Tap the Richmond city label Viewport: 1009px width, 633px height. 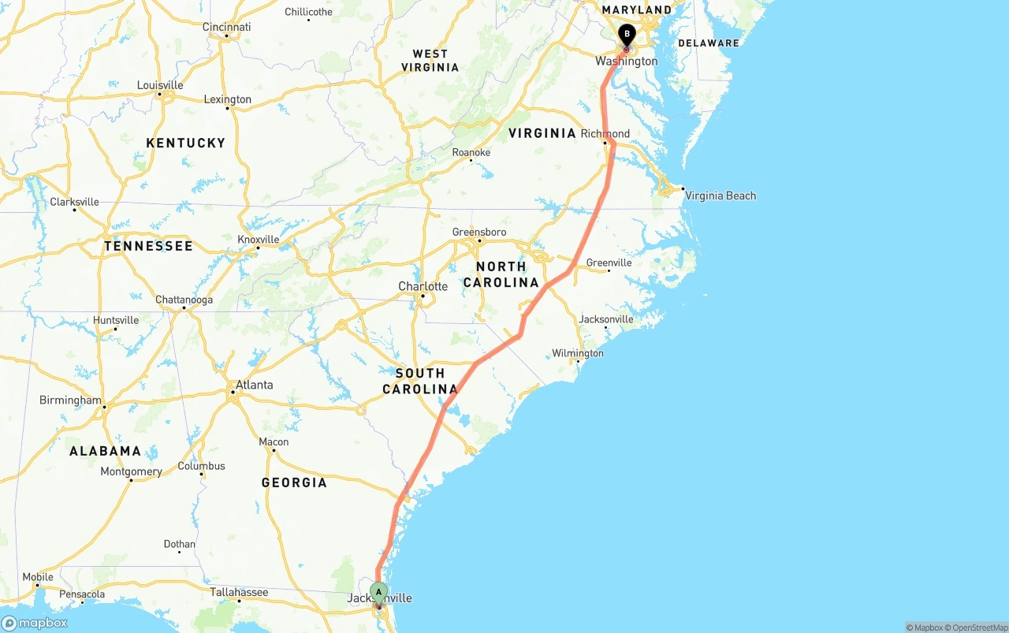coord(605,133)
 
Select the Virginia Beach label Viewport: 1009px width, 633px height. coord(720,195)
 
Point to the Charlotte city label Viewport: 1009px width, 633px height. coord(423,286)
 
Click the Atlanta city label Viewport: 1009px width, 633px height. coord(254,385)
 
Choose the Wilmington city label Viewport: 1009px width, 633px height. coord(578,353)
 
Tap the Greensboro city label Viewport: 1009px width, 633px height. coord(479,232)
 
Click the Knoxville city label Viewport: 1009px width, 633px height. coord(259,239)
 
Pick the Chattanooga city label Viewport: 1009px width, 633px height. coord(184,300)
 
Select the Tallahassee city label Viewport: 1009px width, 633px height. coord(239,592)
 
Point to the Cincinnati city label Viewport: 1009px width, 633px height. coord(226,27)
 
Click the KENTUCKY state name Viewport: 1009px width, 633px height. coord(186,143)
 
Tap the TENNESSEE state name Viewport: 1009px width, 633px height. coord(148,246)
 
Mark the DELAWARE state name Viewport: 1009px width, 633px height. coord(709,43)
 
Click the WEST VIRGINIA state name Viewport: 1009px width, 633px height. coord(430,61)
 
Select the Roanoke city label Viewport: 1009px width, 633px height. coord(471,152)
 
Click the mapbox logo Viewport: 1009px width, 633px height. coord(35,623)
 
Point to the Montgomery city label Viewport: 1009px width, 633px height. coord(131,471)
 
